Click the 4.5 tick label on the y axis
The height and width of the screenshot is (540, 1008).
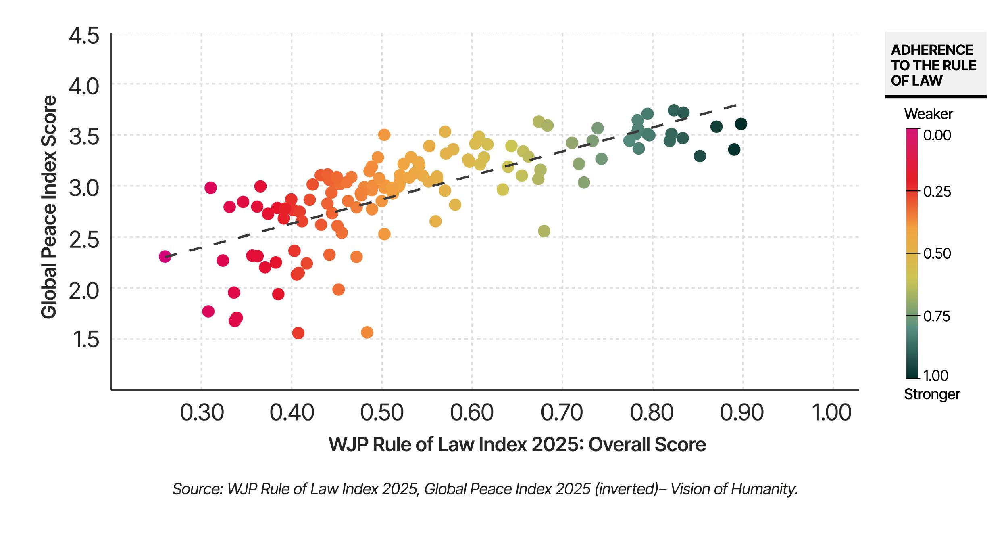pyautogui.click(x=84, y=36)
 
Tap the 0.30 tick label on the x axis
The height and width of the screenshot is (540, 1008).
pyautogui.click(x=202, y=413)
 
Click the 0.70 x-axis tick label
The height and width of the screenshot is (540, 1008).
pyautogui.click(x=562, y=413)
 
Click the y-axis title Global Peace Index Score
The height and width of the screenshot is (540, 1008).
pyautogui.click(x=49, y=207)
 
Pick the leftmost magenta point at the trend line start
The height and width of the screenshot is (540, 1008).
pyautogui.click(x=165, y=256)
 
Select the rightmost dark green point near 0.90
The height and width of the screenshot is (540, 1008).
pyautogui.click(x=741, y=124)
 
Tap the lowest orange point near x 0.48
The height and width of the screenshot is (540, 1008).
pyautogui.click(x=367, y=333)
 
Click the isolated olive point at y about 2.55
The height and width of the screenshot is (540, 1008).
pyautogui.click(x=544, y=231)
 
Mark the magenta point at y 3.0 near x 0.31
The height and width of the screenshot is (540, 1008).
pyautogui.click(x=210, y=188)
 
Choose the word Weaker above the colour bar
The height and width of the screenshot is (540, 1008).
pyautogui.click(x=928, y=114)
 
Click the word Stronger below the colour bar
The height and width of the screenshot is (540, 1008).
pyautogui.click(x=932, y=394)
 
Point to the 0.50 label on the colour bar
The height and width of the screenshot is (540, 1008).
pyautogui.click(x=937, y=254)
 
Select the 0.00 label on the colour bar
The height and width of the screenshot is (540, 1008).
pyautogui.click(x=937, y=135)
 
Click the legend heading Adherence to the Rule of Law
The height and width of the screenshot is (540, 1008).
pyautogui.click(x=933, y=65)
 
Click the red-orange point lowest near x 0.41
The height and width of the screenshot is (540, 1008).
pyautogui.click(x=298, y=333)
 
